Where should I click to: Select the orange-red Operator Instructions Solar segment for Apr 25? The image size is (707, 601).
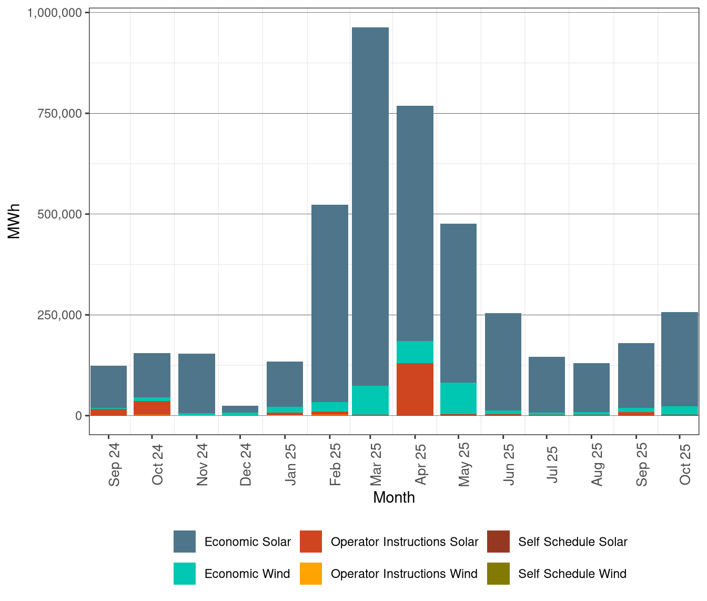coord(415,389)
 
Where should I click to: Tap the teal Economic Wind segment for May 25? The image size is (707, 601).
coord(459,398)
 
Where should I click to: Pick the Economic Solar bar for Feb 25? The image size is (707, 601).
coord(330,303)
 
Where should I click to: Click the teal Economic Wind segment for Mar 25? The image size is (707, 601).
coord(370,400)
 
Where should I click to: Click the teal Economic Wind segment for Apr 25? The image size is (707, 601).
coord(415,352)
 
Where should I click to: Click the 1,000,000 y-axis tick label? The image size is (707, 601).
coord(54,13)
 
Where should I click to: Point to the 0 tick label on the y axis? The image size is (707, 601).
coord(78,416)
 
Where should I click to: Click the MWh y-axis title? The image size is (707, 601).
coord(14,222)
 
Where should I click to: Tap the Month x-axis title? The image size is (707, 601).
coord(394,497)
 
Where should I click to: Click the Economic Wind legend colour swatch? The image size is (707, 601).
coord(185,574)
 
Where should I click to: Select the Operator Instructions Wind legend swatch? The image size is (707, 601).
coord(311,574)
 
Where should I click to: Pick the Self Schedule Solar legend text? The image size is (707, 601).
coord(572,542)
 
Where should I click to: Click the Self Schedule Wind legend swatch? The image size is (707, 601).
coord(498,574)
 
